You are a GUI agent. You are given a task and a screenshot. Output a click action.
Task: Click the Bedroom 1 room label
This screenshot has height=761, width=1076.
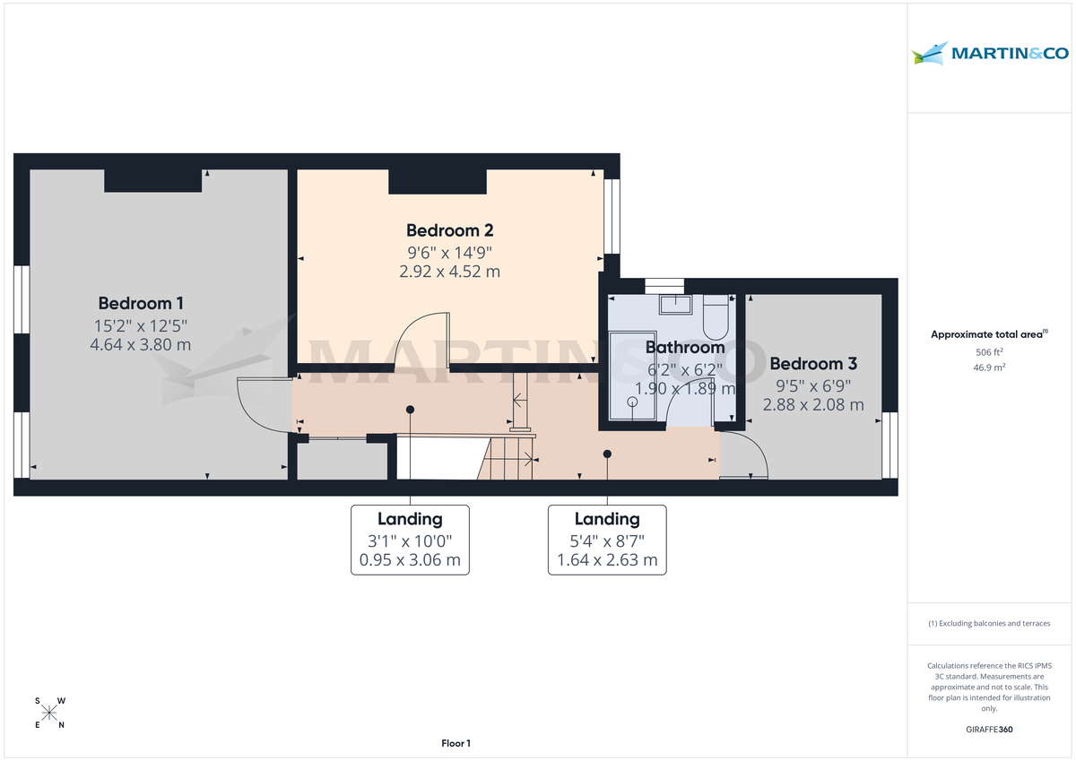(141, 303)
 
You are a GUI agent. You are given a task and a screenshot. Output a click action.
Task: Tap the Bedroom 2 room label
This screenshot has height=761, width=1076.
(449, 230)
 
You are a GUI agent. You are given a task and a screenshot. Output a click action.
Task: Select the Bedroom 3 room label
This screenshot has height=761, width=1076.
(813, 364)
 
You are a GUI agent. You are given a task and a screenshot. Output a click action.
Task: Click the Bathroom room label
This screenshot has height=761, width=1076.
(684, 348)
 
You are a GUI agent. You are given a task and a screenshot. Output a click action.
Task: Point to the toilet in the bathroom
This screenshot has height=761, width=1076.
(716, 315)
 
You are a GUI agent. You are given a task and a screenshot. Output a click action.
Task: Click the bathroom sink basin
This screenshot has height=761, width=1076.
(674, 305)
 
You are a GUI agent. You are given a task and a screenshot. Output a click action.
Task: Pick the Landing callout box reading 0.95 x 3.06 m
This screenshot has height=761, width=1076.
(410, 540)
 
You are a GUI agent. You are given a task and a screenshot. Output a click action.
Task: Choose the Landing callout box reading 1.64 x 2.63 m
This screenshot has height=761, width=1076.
(607, 540)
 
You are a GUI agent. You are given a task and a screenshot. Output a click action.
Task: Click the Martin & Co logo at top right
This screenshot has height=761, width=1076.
(990, 53)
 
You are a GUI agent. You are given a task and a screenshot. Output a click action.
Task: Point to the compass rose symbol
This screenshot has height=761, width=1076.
(50, 713)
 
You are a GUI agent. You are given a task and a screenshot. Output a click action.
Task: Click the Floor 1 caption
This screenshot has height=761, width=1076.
(456, 743)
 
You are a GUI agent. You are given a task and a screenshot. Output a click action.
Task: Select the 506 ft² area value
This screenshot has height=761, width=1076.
(989, 352)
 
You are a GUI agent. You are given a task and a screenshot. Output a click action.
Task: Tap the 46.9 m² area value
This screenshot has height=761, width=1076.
(989, 368)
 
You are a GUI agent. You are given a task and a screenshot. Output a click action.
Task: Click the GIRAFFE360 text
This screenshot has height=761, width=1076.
(989, 730)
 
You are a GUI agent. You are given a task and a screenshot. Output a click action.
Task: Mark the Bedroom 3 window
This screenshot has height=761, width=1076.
(889, 445)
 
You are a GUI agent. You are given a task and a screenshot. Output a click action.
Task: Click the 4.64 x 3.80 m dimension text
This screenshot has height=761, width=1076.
(141, 344)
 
